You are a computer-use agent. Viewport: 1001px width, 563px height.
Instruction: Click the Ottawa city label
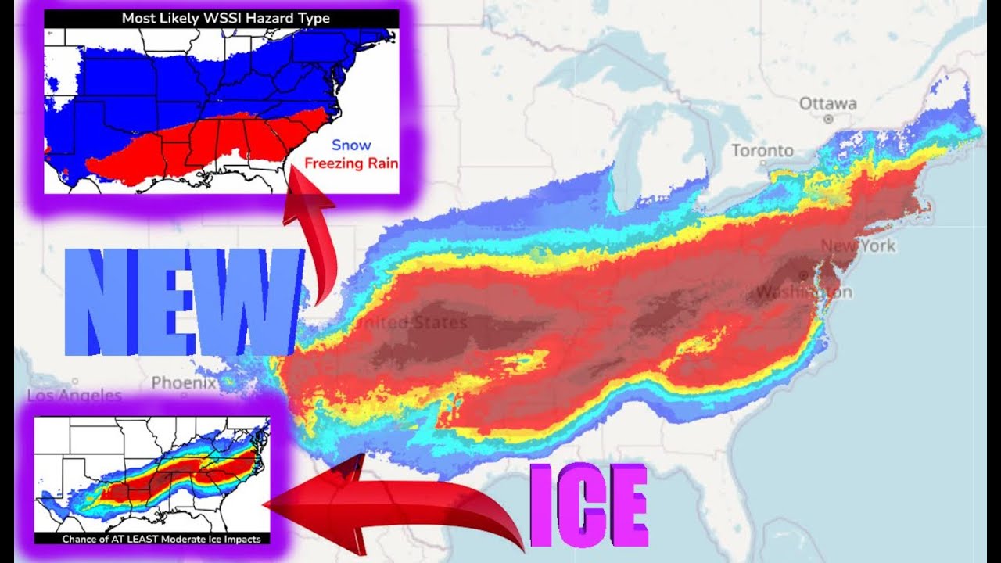827,104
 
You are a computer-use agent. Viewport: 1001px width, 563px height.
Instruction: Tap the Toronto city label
762,150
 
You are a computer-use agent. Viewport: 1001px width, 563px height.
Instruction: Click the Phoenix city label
184,383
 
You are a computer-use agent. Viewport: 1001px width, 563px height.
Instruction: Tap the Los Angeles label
74,396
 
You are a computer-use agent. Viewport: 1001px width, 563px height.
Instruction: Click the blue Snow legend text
351,145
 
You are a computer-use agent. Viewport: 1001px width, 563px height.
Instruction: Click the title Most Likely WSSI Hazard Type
225,18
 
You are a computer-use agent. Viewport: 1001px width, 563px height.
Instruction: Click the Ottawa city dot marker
827,119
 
